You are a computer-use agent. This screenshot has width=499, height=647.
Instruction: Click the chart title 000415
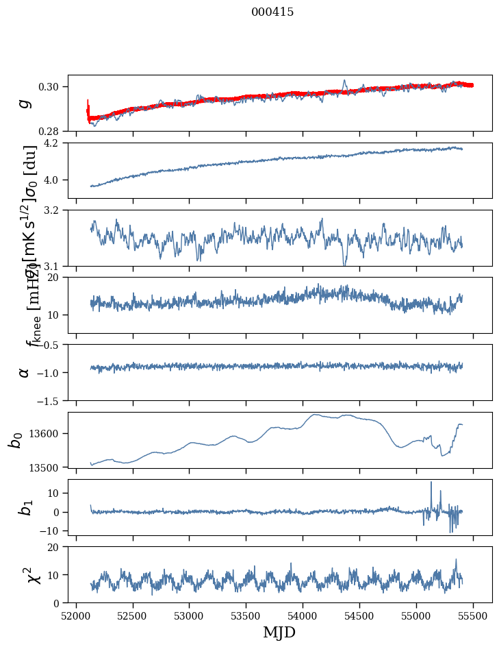click(x=272, y=12)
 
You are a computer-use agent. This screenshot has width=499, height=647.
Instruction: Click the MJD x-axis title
click(x=279, y=632)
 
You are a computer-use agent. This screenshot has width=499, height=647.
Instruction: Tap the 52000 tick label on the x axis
click(x=76, y=615)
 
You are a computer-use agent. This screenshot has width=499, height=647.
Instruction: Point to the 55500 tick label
click(x=473, y=615)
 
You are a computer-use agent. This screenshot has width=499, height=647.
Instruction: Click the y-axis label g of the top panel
click(x=25, y=103)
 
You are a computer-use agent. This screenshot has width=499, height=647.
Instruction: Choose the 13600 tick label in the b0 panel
click(x=47, y=433)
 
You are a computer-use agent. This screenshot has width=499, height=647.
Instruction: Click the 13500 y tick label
click(x=47, y=467)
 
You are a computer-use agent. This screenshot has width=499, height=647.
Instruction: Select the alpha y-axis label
click(x=25, y=372)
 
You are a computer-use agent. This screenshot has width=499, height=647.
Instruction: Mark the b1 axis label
click(x=25, y=507)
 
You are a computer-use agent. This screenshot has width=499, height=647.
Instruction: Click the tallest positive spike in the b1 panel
click(x=431, y=483)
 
